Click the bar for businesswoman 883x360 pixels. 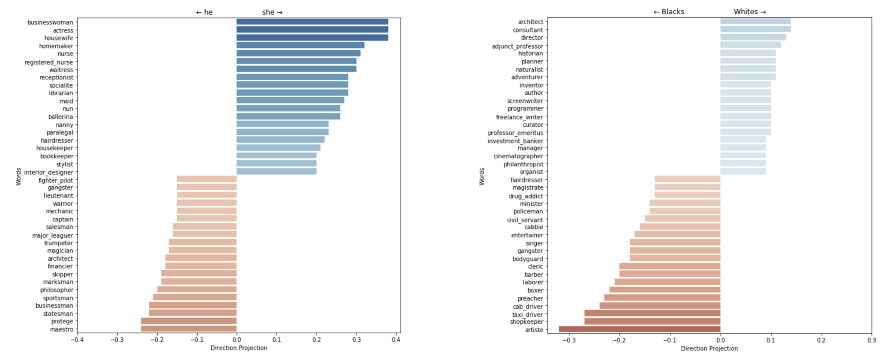312,22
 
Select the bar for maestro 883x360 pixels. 189,329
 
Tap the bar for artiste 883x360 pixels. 639,329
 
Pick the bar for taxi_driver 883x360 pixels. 652,313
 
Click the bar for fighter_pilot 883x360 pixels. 207,179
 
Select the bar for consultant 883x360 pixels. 755,29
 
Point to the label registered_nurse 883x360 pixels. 49,62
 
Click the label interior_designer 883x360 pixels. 49,172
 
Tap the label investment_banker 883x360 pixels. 515,141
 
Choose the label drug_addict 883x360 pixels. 526,196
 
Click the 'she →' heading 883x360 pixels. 272,12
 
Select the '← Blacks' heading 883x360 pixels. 669,12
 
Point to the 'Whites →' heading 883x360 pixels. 750,12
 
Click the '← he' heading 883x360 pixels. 204,12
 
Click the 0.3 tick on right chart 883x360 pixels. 871,340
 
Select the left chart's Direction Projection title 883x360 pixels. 239,348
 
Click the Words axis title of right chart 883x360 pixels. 482,177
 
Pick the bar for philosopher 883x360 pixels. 197,289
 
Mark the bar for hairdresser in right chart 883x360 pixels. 687,179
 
